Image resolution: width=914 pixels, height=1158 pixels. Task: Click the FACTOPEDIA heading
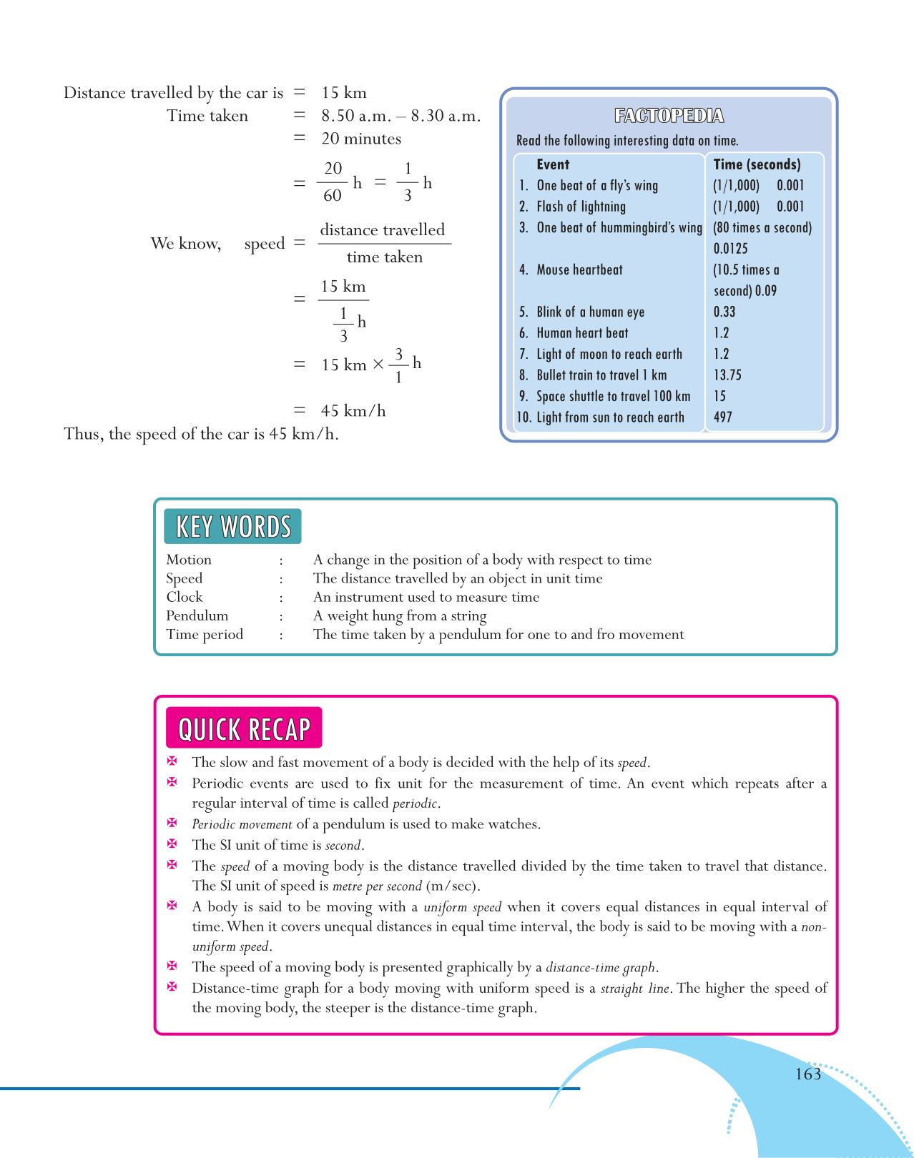(669, 116)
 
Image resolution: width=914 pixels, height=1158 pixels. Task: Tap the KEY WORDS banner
(233, 527)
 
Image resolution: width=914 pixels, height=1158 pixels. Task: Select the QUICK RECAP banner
(244, 728)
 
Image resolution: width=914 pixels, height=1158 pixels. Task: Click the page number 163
(807, 1074)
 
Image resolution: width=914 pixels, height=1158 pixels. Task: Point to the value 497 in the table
(723, 417)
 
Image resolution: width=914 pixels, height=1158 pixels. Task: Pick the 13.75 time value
(727, 375)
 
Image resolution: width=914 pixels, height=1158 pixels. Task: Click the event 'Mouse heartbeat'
(579, 269)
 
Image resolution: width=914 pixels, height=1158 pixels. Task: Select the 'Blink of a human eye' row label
(590, 312)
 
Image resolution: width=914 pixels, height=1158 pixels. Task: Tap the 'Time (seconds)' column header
(757, 164)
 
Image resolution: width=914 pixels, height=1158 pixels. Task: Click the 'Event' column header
(553, 164)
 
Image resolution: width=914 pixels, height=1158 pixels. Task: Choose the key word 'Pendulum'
(197, 615)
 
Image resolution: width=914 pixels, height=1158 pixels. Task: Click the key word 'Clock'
(185, 597)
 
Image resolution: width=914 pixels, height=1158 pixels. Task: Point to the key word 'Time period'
(205, 634)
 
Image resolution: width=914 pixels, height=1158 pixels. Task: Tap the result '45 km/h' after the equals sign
(353, 411)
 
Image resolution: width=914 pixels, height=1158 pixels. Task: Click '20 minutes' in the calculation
(361, 139)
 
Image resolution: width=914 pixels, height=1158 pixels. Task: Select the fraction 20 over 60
(333, 182)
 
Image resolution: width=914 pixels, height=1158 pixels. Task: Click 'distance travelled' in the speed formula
(383, 230)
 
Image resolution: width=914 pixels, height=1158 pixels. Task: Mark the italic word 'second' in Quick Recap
(343, 846)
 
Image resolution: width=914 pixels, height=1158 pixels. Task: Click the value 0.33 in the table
(724, 312)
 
